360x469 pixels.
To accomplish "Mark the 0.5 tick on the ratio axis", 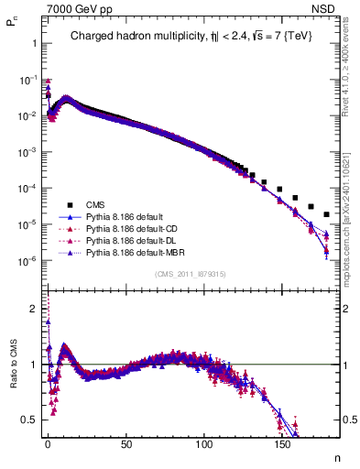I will tap(29, 420).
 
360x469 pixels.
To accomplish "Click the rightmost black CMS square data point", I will tap(327, 214).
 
